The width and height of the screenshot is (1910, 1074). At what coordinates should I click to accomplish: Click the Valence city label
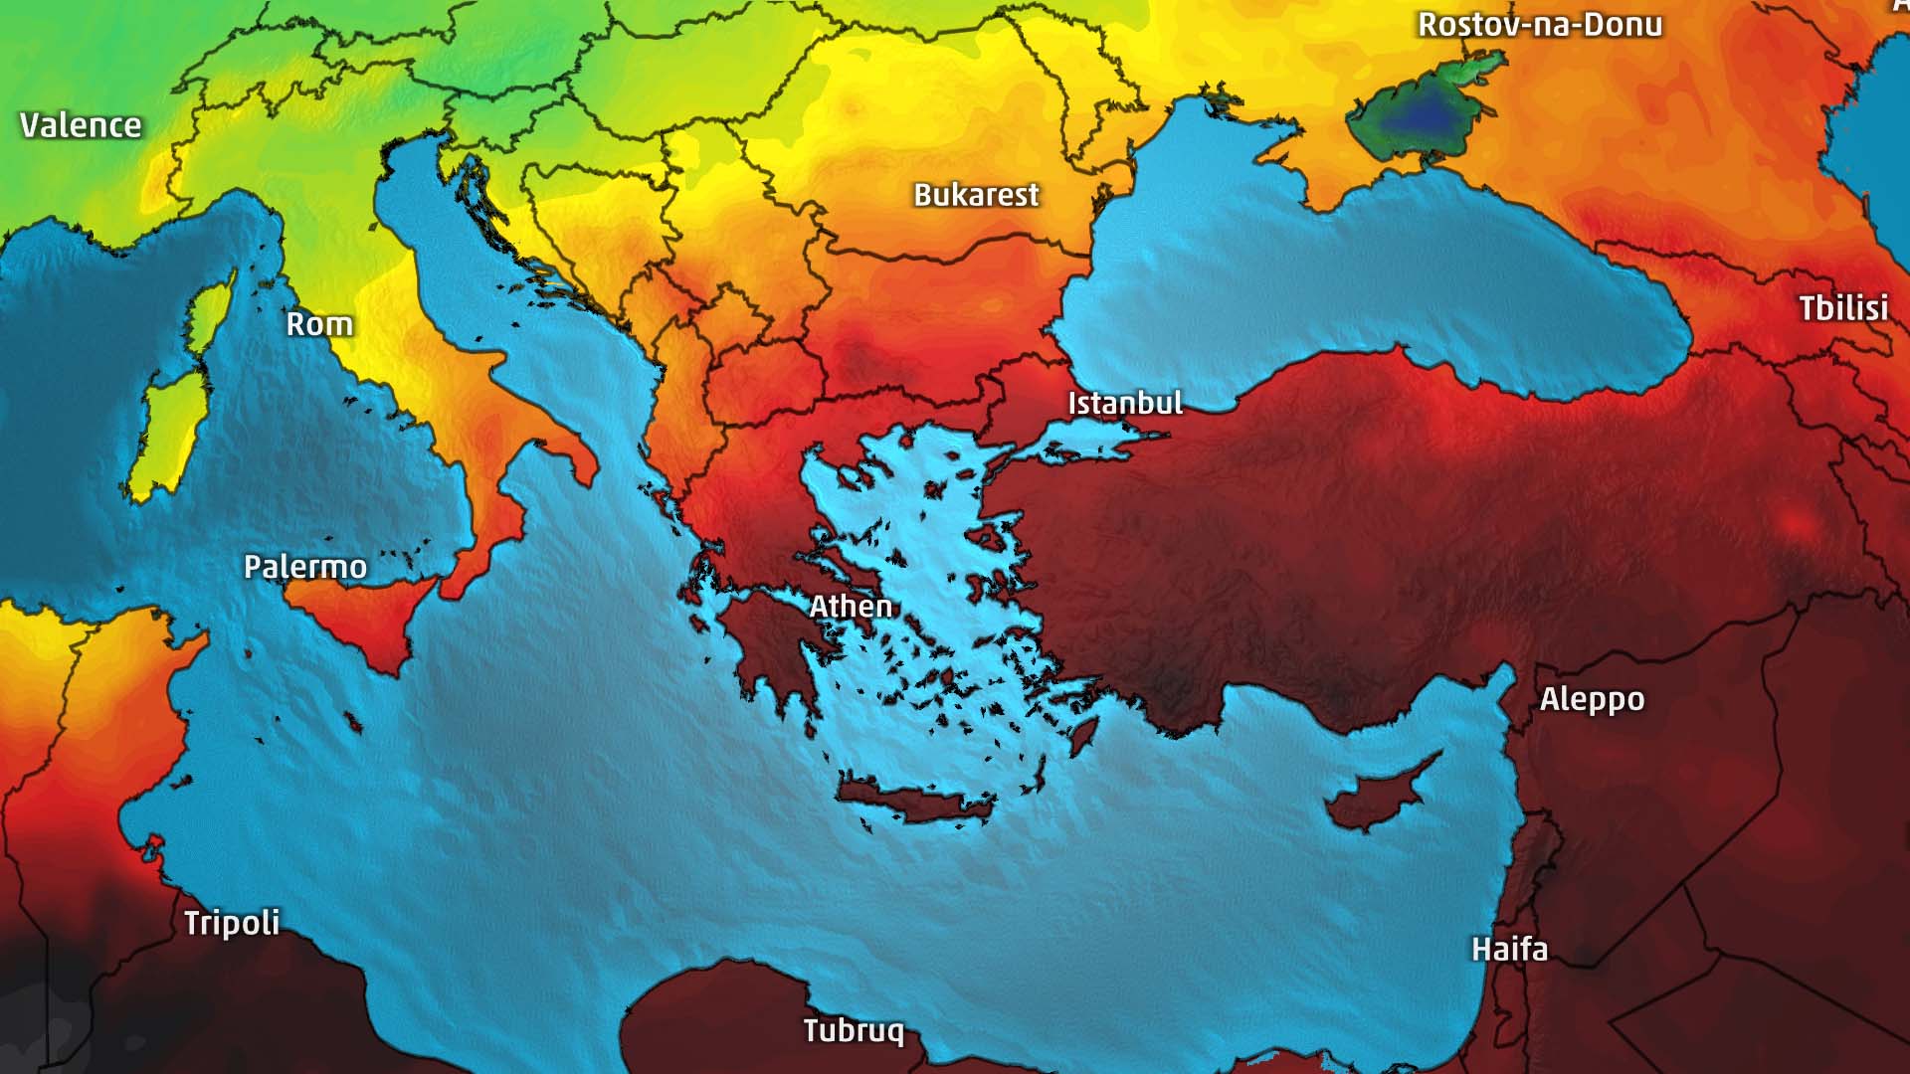(81, 125)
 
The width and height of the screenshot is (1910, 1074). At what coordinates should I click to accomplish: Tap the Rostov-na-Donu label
(1539, 24)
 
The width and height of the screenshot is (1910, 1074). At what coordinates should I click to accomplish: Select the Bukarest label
(976, 195)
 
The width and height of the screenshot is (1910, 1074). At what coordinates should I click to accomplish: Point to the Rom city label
(319, 324)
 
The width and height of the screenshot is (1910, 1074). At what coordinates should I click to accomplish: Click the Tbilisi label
(1842, 308)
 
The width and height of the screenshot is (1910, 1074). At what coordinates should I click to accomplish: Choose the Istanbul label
(1125, 403)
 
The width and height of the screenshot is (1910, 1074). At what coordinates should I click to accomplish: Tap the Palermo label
(305, 567)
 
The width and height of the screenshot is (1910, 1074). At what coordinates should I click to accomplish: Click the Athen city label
(851, 606)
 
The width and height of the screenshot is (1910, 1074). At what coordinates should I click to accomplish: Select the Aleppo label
(1592, 699)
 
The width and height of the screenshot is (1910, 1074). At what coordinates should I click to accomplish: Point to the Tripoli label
(232, 923)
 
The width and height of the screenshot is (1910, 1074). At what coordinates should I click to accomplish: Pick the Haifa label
(1509, 949)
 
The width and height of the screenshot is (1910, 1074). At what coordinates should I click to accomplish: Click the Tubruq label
(854, 1030)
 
